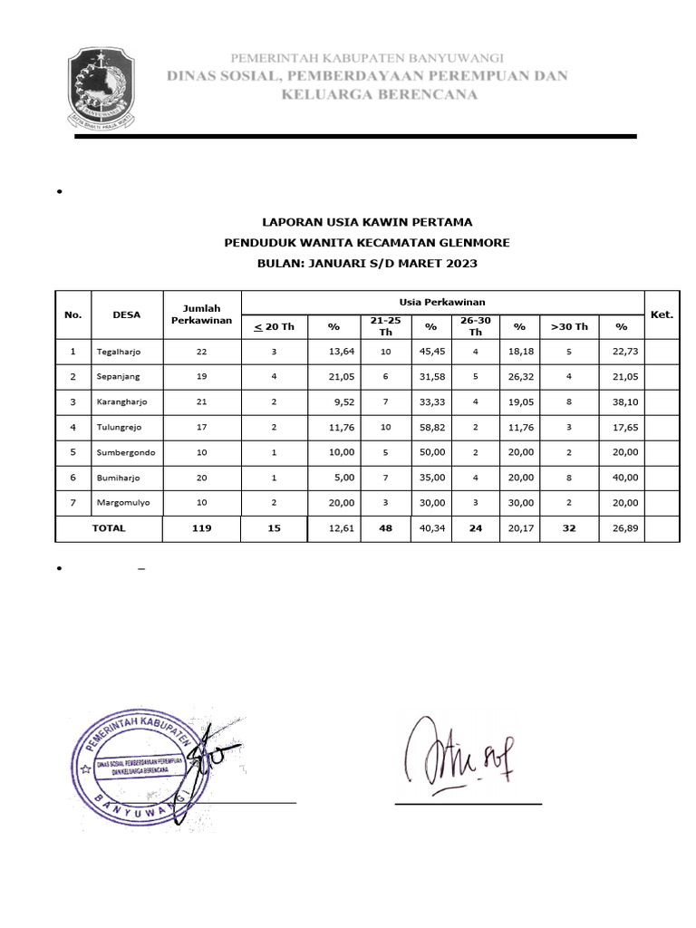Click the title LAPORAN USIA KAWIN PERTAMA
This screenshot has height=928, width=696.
[366, 221]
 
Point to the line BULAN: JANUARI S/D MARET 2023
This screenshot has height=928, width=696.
[366, 263]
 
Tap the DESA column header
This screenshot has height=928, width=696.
[126, 314]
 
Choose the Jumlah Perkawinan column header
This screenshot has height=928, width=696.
[201, 314]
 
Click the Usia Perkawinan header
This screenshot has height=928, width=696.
[441, 302]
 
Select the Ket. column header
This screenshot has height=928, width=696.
[662, 314]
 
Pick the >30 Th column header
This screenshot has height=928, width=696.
[569, 326]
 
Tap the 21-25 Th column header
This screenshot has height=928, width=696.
[385, 326]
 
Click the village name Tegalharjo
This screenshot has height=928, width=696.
[118, 351]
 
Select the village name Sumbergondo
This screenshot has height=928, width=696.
[125, 451]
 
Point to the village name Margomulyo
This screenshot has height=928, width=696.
[123, 502]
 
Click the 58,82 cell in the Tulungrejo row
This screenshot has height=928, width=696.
[431, 426]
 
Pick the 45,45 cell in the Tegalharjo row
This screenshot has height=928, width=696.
[431, 351]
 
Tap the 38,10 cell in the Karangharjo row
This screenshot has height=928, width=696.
[621, 401]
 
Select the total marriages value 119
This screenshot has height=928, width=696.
[201, 527]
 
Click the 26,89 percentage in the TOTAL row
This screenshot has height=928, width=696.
[621, 527]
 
